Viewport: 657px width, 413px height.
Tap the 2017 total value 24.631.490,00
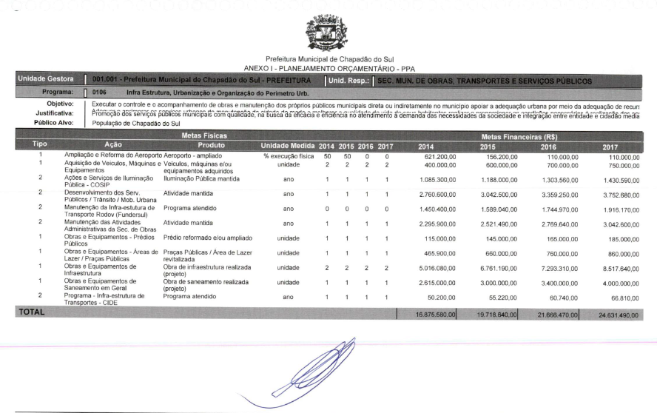pyautogui.click(x=616, y=314)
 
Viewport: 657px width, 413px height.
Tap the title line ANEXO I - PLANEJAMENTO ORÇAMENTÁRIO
pyautogui.click(x=328, y=68)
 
